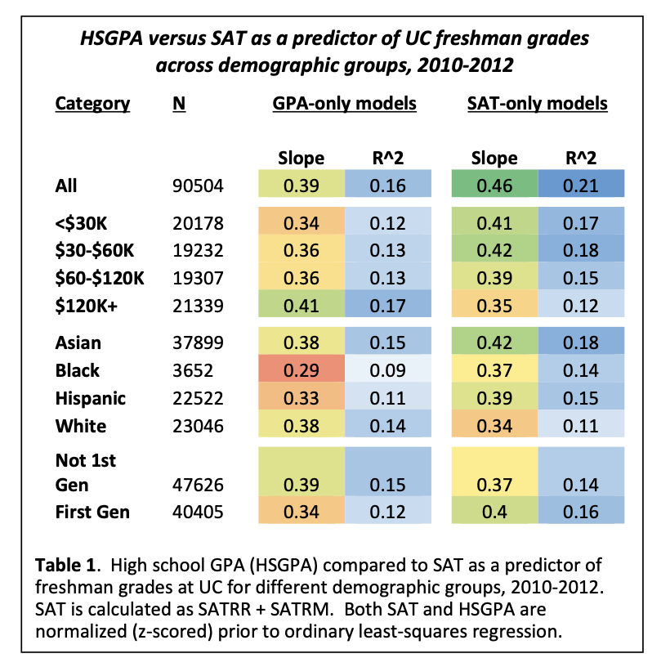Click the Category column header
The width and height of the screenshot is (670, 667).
click(x=92, y=104)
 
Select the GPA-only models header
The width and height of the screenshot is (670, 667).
click(x=344, y=104)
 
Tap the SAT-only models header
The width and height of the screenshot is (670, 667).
click(x=537, y=104)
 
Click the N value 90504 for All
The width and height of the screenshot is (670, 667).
click(x=199, y=186)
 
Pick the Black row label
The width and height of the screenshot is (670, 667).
click(x=77, y=370)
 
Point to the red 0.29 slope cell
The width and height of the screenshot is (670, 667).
click(x=301, y=370)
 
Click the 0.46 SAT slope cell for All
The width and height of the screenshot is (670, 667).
click(x=494, y=186)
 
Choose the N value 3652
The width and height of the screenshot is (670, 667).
click(x=194, y=370)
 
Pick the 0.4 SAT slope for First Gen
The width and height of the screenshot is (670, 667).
click(x=494, y=513)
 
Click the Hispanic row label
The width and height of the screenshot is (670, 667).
click(x=90, y=398)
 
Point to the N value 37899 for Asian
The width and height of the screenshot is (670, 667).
click(x=199, y=342)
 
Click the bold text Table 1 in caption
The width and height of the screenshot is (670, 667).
click(x=66, y=566)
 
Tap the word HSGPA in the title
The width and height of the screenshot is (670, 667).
click(x=110, y=38)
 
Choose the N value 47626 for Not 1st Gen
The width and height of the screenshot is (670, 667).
click(x=199, y=485)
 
